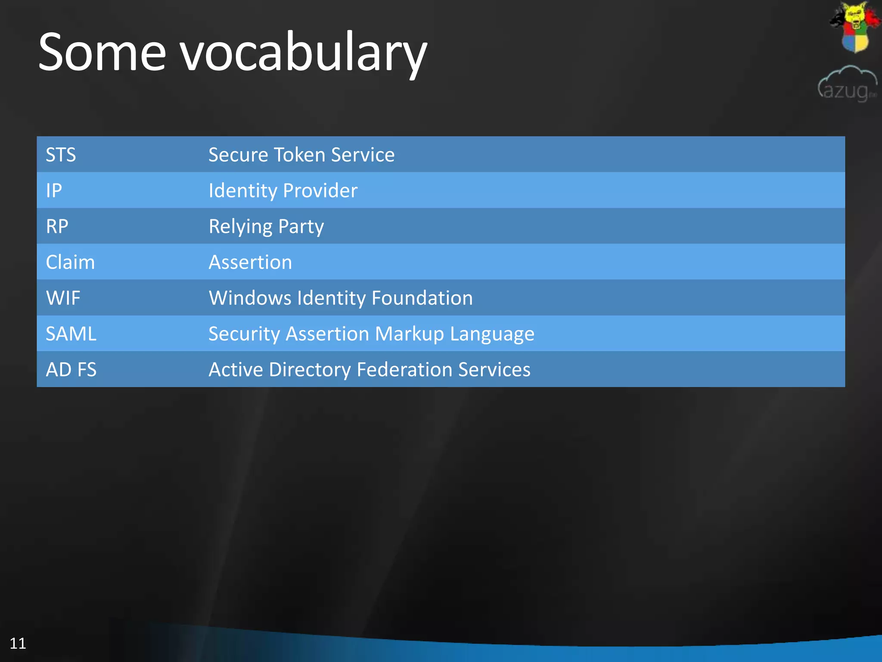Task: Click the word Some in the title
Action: (x=102, y=53)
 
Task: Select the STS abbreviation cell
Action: (x=61, y=155)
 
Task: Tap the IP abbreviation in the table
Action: (x=54, y=190)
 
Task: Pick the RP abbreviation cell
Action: (x=57, y=226)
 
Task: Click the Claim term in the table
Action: (x=70, y=262)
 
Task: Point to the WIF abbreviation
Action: (x=63, y=298)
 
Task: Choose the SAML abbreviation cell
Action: (x=71, y=334)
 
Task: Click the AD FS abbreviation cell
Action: (x=71, y=369)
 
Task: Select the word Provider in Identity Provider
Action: (x=320, y=190)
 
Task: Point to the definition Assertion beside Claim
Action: (x=250, y=262)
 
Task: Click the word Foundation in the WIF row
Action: (x=422, y=298)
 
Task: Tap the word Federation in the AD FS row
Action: (x=404, y=369)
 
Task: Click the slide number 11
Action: (x=18, y=643)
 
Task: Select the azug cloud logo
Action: (x=847, y=84)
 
